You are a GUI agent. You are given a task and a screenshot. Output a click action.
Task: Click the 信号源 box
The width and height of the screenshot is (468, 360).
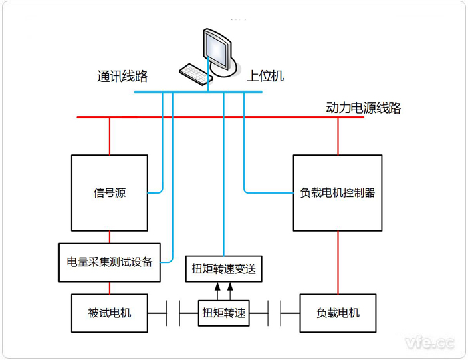coord(110,193)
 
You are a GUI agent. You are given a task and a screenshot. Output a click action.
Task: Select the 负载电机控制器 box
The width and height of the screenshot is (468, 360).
coord(338,193)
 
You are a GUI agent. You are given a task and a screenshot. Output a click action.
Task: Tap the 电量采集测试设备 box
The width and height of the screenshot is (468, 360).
coord(110,261)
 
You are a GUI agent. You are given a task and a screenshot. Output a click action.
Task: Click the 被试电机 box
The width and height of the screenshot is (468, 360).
coord(110,312)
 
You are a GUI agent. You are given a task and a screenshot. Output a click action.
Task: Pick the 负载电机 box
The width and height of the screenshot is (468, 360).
coord(338,312)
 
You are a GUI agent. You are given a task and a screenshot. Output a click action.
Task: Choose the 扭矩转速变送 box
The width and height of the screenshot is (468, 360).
coord(224,270)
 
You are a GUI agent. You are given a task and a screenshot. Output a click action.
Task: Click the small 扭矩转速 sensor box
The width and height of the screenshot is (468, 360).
coord(224,313)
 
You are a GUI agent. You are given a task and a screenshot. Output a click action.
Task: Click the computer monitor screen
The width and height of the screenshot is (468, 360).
coord(219,48)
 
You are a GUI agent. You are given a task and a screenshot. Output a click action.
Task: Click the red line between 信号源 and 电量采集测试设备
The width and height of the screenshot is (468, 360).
coord(110,236)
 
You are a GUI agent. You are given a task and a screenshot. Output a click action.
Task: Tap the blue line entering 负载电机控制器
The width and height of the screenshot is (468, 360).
coord(267,193)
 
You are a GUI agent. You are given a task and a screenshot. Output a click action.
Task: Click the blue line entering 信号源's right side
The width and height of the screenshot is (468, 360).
coord(156,193)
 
